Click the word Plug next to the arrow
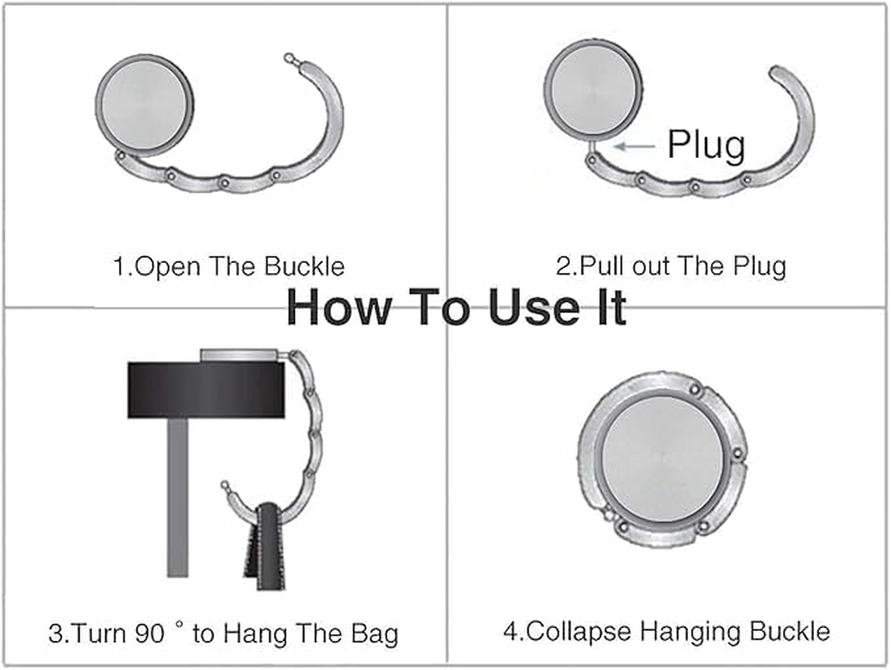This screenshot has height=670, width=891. (705, 146)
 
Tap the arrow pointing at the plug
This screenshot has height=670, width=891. (635, 146)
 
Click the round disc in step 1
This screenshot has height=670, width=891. (145, 105)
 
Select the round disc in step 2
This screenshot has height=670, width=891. (594, 87)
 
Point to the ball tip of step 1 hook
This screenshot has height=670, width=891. (289, 58)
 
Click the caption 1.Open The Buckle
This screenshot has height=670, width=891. (228, 267)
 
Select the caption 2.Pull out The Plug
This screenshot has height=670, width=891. (671, 267)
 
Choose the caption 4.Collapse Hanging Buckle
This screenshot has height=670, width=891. (666, 631)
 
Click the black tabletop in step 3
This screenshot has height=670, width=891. (206, 390)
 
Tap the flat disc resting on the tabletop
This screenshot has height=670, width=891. (243, 356)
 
